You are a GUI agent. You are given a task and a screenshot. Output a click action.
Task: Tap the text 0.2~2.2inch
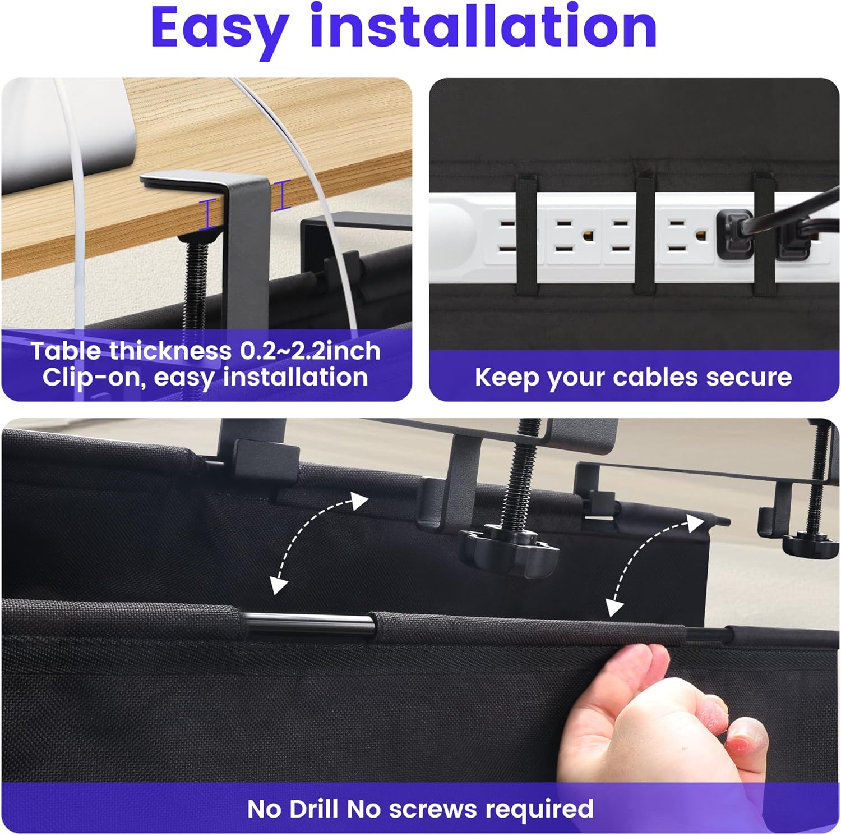(x=311, y=351)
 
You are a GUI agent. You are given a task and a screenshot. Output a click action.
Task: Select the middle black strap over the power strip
(x=645, y=235)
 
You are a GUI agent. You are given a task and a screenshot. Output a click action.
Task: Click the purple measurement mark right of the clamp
(x=283, y=195)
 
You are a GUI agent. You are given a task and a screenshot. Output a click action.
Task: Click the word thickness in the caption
(x=170, y=351)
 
